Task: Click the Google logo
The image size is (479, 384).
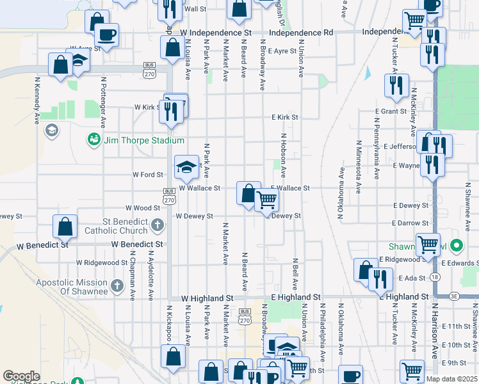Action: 21,376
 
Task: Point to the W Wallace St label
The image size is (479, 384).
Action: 200,188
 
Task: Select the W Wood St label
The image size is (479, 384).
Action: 142,208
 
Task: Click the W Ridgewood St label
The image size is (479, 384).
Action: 102,262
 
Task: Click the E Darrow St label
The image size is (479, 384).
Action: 410,223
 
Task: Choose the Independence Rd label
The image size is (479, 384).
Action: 302,32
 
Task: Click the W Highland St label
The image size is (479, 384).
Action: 207,298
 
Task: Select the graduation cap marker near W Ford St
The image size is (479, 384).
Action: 186,168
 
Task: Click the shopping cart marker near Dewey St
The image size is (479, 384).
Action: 266,200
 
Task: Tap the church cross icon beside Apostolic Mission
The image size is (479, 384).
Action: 117,286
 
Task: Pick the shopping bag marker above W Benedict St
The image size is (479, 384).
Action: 65,226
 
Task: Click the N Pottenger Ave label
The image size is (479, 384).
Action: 102,97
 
